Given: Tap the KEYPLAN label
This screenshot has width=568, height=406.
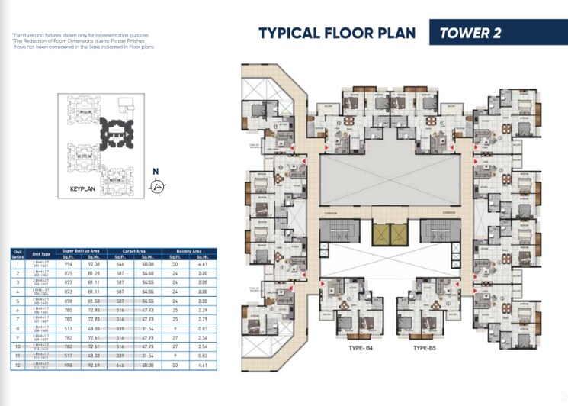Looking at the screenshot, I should click(82, 188).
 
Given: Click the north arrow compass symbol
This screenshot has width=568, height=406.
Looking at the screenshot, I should click(158, 186).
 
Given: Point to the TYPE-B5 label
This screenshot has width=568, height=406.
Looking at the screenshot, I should click(428, 347).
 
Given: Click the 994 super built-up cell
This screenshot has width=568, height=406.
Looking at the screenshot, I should click(69, 263).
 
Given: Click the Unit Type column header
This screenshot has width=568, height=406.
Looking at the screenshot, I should click(40, 254).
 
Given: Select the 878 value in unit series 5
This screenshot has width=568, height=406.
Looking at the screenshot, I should click(69, 300).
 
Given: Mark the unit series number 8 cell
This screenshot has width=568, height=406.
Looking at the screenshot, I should click(16, 327).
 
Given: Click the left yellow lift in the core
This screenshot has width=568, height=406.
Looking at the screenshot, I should click(380, 235).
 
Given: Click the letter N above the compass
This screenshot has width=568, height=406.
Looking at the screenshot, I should click(156, 172).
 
